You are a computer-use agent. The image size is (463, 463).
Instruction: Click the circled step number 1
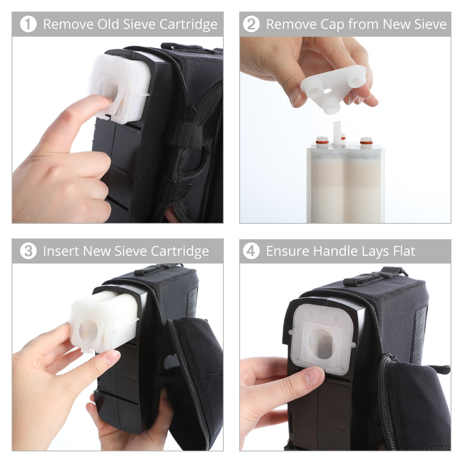pos(28,24)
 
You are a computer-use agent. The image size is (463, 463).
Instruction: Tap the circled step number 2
pos(251,24)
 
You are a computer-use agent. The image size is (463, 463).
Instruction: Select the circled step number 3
pos(28,251)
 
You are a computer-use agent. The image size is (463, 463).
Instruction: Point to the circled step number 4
pos(251,251)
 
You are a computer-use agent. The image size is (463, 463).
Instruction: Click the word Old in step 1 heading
pos(108,24)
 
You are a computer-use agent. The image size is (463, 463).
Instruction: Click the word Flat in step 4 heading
pos(404,251)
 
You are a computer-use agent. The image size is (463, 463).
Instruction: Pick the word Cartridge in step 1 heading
pos(188,24)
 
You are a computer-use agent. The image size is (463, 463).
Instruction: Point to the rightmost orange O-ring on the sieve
pos(365,143)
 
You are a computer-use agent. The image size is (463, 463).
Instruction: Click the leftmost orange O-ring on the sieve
pos(320,141)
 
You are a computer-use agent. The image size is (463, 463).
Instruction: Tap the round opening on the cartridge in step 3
pos(88,330)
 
